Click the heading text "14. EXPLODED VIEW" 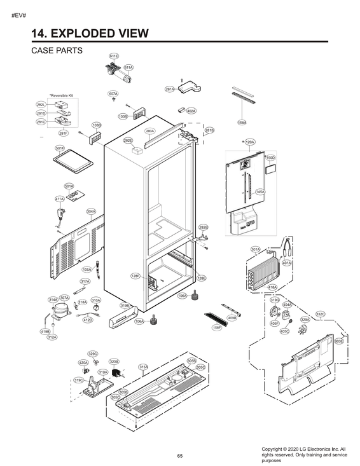tap(90, 32)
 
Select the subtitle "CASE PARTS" tap(57, 51)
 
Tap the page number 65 tap(180, 455)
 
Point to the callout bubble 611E tap(114, 57)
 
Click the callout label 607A tap(113, 93)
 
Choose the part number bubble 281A tap(170, 89)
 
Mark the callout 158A tap(242, 122)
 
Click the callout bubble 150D tap(270, 157)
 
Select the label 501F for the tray tap(59, 148)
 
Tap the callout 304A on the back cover tap(91, 211)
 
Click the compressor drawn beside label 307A tap(61, 309)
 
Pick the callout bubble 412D tap(88, 320)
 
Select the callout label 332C tap(321, 313)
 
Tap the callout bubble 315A tap(143, 367)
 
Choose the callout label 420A tap(83, 362)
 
